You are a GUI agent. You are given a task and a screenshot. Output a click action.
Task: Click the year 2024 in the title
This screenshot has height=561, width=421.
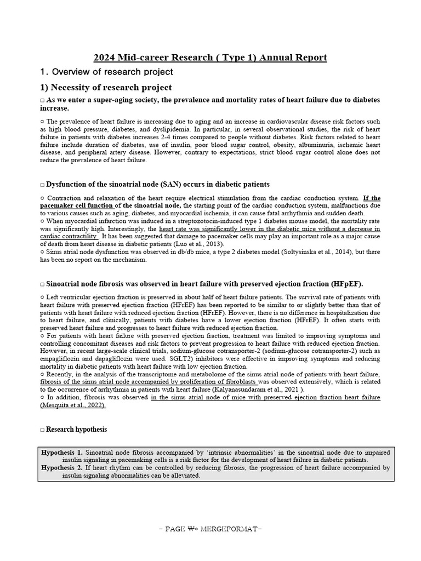point(104,58)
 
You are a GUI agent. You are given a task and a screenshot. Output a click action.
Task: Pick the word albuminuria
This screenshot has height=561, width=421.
point(315,145)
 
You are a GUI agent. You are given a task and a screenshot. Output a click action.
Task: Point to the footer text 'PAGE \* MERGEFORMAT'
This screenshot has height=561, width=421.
point(210,530)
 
